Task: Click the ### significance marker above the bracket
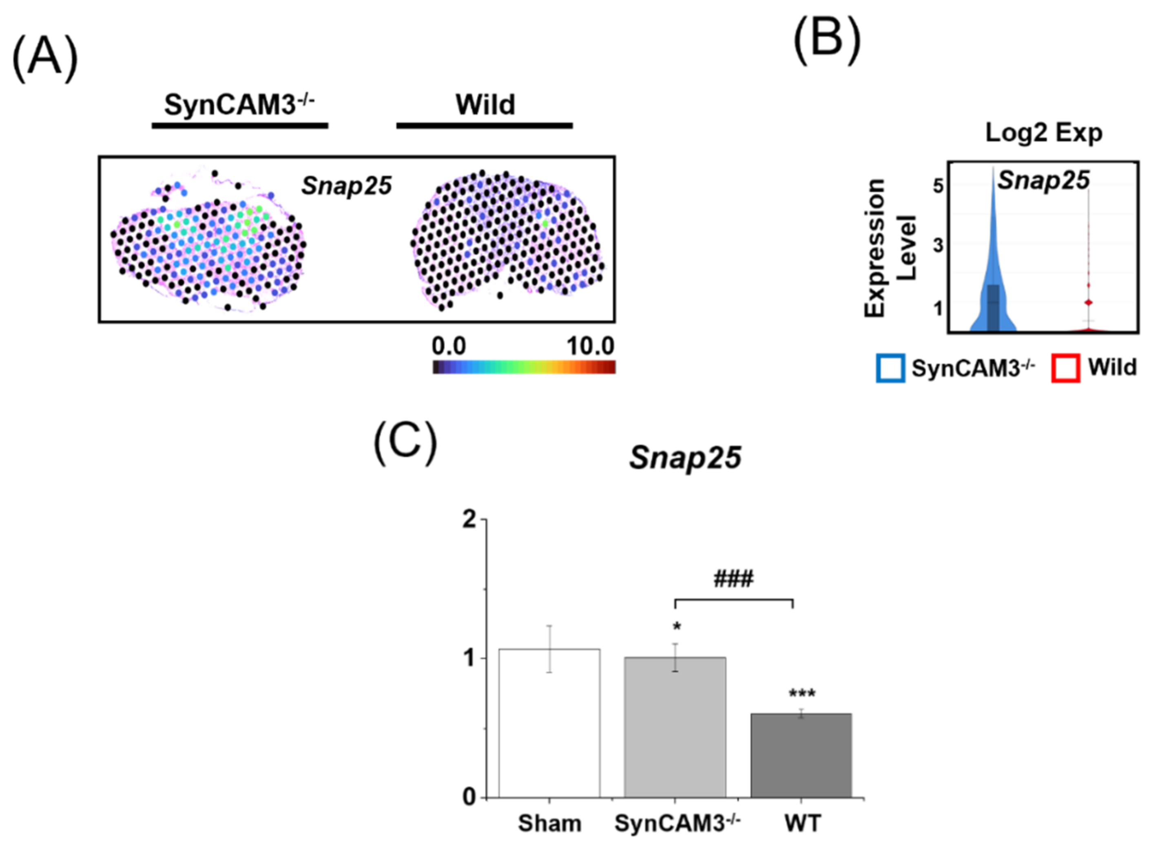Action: pyautogui.click(x=733, y=579)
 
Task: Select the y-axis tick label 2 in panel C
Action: pyautogui.click(x=469, y=520)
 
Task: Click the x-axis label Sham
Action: pyautogui.click(x=549, y=823)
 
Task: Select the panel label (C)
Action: pyautogui.click(x=405, y=442)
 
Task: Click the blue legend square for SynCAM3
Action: pyautogui.click(x=890, y=368)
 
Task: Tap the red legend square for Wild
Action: pyautogui.click(x=1065, y=368)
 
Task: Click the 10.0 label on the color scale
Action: pyautogui.click(x=590, y=346)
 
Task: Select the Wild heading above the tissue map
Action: pyautogui.click(x=485, y=105)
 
